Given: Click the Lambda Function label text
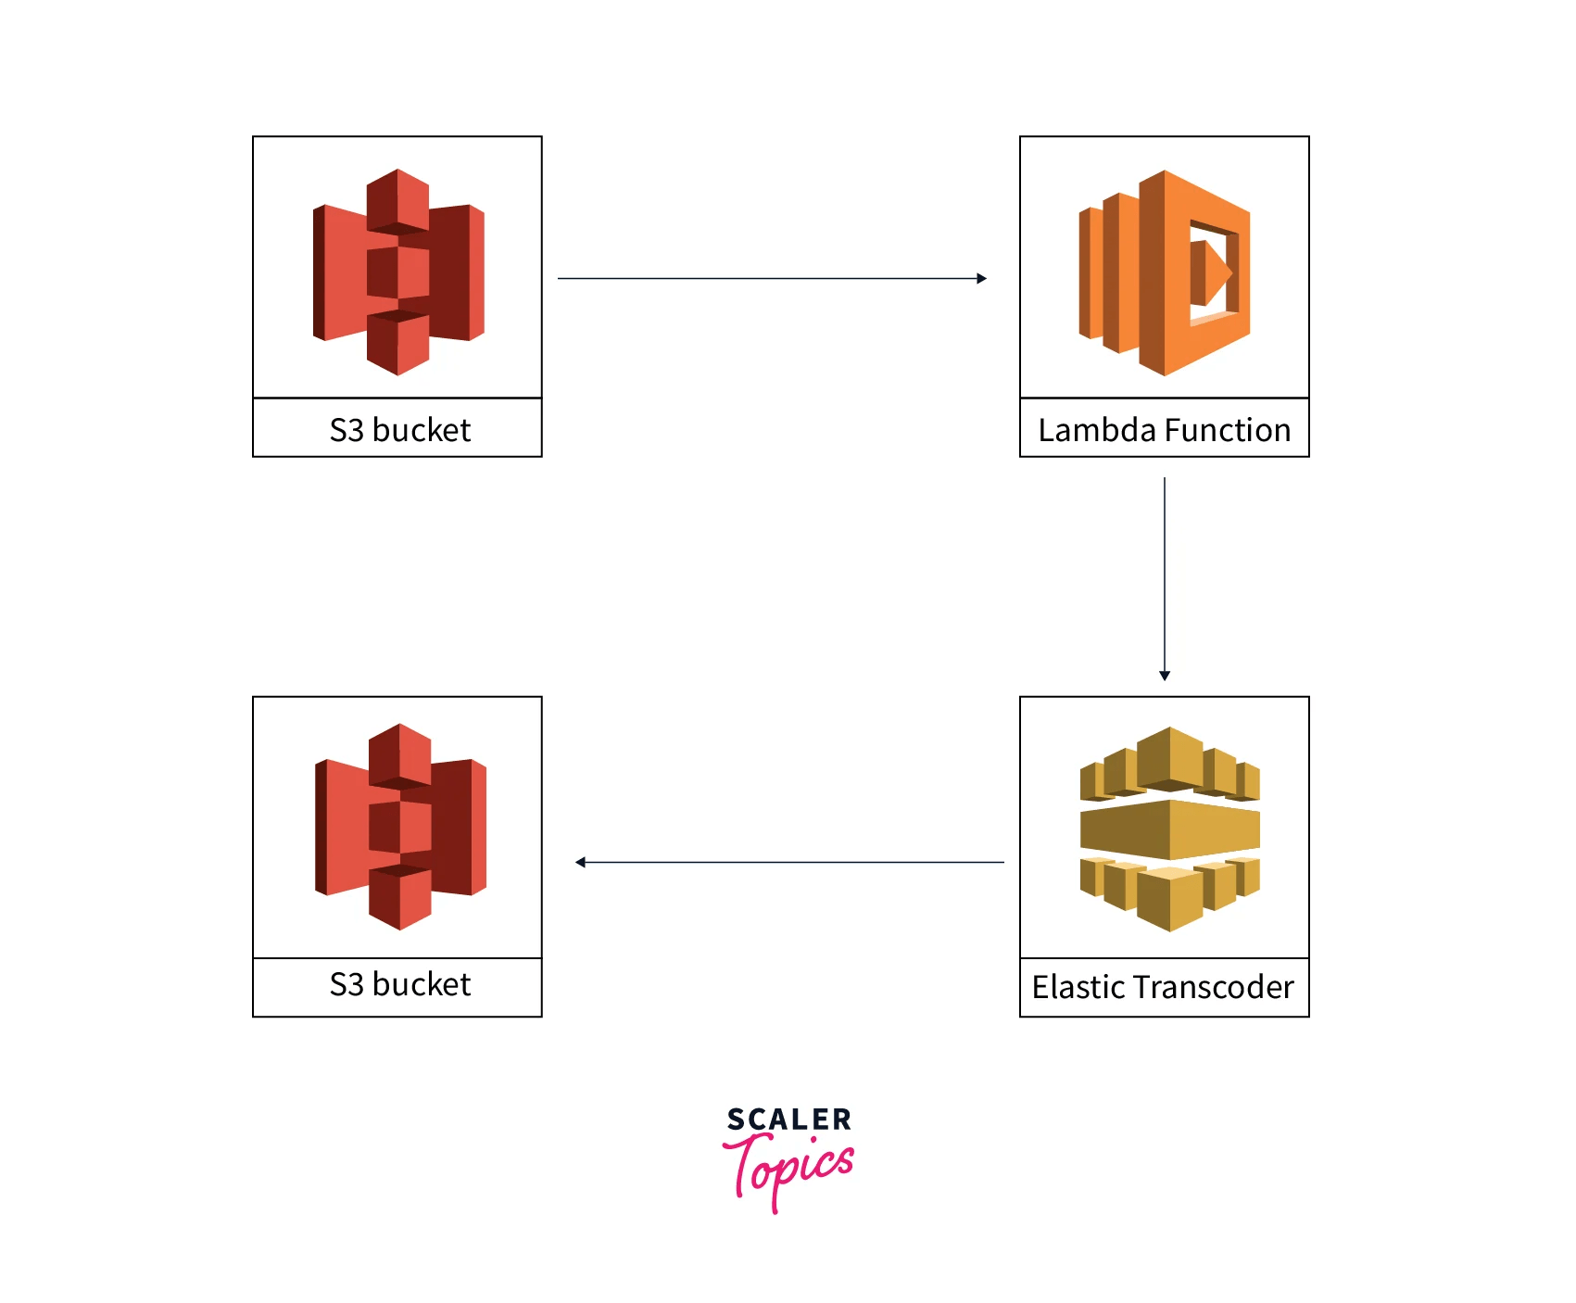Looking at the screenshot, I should [1164, 430].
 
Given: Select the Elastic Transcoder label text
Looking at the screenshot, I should [1163, 987].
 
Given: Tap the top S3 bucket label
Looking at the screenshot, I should [399, 430].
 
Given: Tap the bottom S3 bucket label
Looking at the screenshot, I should [399, 984].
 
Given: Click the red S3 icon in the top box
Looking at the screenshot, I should [398, 272].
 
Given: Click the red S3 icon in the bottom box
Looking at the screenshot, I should [400, 826].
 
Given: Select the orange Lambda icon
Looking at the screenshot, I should [1164, 272].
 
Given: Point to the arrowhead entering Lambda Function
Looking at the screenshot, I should [982, 278].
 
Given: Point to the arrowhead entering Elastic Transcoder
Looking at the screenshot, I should [1165, 676].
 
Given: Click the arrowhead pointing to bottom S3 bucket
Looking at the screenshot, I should [580, 862].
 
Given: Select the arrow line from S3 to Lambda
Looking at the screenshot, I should [769, 278].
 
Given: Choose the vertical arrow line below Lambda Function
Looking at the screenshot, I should [1165, 575].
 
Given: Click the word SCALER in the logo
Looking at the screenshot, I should [788, 1120].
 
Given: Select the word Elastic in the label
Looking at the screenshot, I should [1078, 987].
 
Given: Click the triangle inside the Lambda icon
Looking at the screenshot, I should [1217, 272].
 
